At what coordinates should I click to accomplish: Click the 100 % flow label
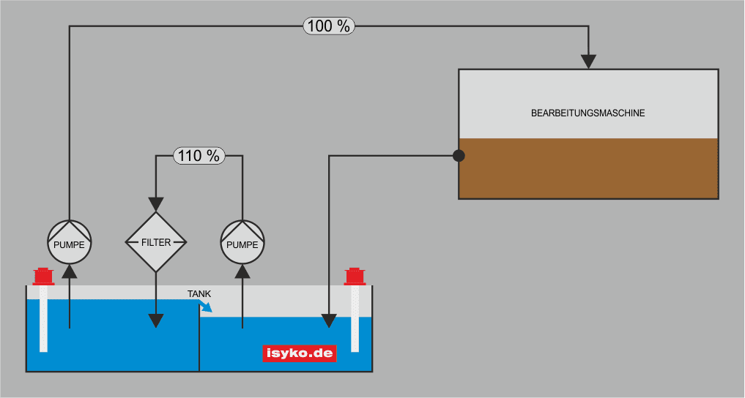(329, 26)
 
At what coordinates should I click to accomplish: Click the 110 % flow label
(199, 155)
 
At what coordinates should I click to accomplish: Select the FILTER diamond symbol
(156, 242)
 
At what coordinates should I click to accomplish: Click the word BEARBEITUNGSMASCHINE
(588, 113)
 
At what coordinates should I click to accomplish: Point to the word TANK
(199, 294)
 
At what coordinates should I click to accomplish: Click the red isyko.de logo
(299, 354)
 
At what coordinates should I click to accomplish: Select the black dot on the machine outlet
(459, 155)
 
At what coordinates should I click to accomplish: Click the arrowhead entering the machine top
(588, 61)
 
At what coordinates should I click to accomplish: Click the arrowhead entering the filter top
(156, 204)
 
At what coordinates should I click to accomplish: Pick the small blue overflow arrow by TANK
(207, 307)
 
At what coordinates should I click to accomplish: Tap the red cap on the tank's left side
(44, 277)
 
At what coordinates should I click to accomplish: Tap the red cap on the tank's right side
(355, 277)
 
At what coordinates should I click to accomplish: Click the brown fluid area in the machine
(588, 168)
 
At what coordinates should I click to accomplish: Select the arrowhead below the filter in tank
(156, 320)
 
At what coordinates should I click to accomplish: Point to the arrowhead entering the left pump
(70, 271)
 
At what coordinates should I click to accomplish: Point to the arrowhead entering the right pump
(242, 271)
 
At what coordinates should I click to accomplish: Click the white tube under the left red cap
(44, 318)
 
